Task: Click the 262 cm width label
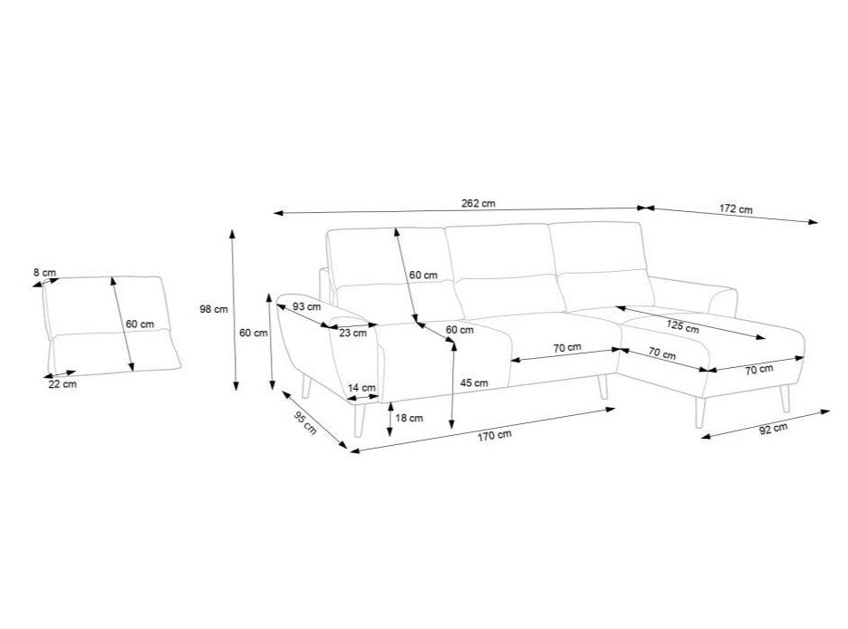477,204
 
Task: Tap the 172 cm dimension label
736,208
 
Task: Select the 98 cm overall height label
214,309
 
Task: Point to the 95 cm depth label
304,422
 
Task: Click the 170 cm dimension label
495,435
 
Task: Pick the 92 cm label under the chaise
774,429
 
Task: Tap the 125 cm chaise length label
682,326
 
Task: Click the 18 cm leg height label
409,418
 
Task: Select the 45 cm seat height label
474,382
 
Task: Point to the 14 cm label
361,387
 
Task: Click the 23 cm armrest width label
352,334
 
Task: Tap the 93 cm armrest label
306,306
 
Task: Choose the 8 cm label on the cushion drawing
44,273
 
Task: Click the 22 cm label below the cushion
63,384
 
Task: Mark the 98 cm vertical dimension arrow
234,310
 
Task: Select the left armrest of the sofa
329,349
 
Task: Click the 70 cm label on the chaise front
759,370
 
